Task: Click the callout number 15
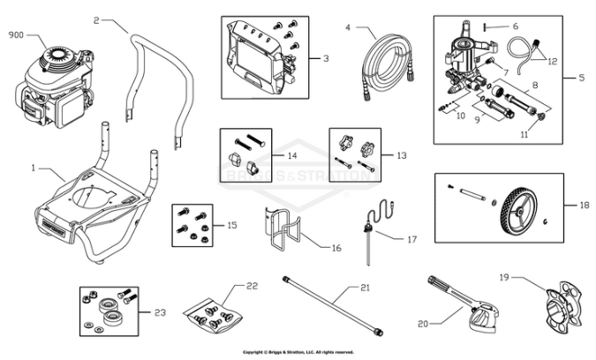pyautogui.click(x=232, y=226)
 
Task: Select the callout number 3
pyautogui.click(x=326, y=58)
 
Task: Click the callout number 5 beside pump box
pyautogui.click(x=581, y=78)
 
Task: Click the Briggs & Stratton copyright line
pyautogui.click(x=298, y=351)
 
